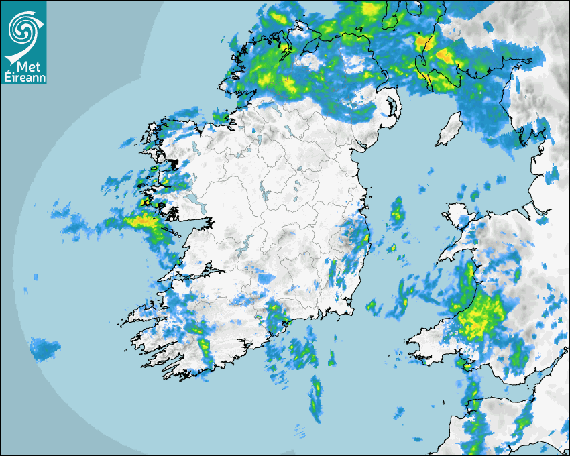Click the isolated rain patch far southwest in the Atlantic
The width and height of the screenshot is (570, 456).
point(43,348)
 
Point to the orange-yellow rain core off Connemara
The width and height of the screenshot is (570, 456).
point(143,219)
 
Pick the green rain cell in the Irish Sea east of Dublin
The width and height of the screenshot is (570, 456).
point(397,211)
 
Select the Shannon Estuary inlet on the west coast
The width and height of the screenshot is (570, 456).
point(194,274)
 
